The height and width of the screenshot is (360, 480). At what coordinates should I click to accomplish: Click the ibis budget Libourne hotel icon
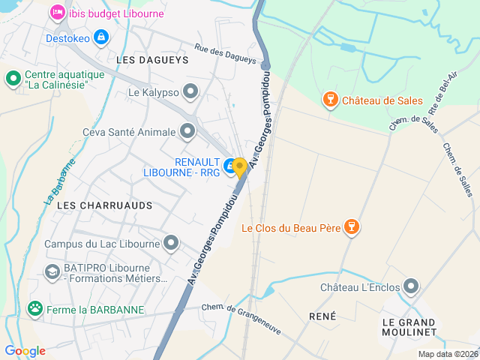[57, 13]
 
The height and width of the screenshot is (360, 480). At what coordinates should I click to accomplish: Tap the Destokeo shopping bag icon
[101, 37]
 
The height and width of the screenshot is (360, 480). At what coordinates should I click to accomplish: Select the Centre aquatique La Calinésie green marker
[13, 78]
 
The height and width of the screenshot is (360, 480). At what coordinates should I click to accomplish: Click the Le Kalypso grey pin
[191, 92]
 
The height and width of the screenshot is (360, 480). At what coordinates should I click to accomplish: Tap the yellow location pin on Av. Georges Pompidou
[240, 167]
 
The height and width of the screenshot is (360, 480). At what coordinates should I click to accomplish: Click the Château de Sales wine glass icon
[329, 100]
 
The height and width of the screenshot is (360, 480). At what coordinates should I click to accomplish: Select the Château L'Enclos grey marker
[411, 286]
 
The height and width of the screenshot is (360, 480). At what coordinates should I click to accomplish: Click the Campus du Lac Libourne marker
[172, 243]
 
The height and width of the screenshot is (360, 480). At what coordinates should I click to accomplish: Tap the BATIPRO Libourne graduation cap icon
[52, 271]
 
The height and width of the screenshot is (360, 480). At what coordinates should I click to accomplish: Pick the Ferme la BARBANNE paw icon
[34, 308]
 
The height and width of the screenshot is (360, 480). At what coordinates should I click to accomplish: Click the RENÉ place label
[322, 316]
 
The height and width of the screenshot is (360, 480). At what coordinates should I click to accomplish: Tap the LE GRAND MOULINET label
[409, 326]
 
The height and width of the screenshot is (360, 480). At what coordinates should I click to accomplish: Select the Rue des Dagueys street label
[225, 55]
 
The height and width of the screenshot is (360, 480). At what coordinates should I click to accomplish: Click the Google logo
[25, 351]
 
